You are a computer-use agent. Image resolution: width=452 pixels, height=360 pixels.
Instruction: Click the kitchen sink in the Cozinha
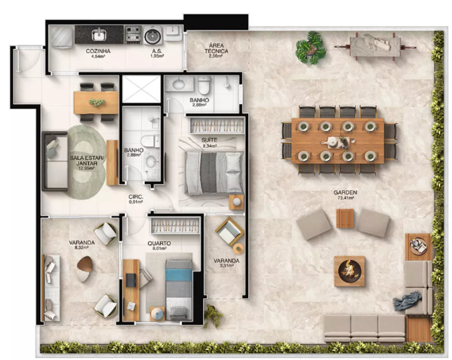(99, 34)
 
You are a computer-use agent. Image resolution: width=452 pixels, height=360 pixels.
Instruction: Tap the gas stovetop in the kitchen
(133, 34)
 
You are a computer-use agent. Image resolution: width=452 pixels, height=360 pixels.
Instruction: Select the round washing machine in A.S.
(153, 36)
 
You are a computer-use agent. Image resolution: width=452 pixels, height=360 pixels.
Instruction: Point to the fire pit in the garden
(349, 271)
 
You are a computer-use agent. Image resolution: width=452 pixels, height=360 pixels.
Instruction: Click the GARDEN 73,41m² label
(345, 195)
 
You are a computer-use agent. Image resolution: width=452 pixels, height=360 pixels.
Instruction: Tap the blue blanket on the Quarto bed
(179, 275)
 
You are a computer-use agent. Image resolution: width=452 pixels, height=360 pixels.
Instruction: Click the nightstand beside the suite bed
(236, 202)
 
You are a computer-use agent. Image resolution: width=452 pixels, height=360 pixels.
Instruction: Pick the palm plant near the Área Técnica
(311, 48)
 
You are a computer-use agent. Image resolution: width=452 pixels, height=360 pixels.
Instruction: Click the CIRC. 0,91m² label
(136, 199)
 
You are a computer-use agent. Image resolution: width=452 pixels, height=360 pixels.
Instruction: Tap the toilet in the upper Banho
(204, 85)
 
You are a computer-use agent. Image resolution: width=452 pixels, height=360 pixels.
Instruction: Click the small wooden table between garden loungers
(345, 218)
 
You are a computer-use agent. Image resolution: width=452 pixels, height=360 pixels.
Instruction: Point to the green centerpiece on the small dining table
(97, 102)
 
